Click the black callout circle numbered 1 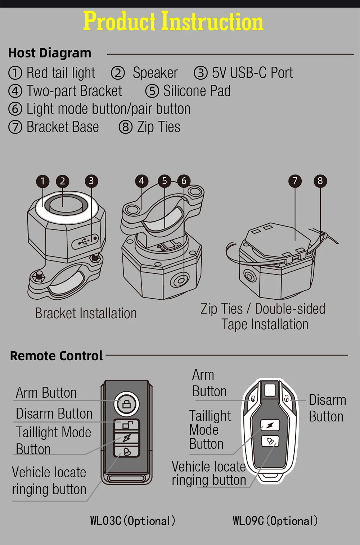click(43, 181)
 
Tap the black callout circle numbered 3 click(91, 181)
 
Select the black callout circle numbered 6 click(184, 181)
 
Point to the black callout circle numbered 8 click(320, 181)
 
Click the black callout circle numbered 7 click(295, 181)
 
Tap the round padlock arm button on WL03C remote click(126, 404)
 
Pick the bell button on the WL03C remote click(126, 452)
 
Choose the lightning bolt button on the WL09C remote click(270, 425)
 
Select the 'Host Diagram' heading click(50, 53)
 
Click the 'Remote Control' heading click(57, 356)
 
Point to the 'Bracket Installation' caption click(86, 313)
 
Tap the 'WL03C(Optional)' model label click(133, 521)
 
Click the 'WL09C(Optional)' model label click(275, 521)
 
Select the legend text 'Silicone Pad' click(197, 91)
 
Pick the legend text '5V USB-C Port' click(253, 72)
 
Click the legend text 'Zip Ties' click(159, 127)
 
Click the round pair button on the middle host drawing click(180, 281)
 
